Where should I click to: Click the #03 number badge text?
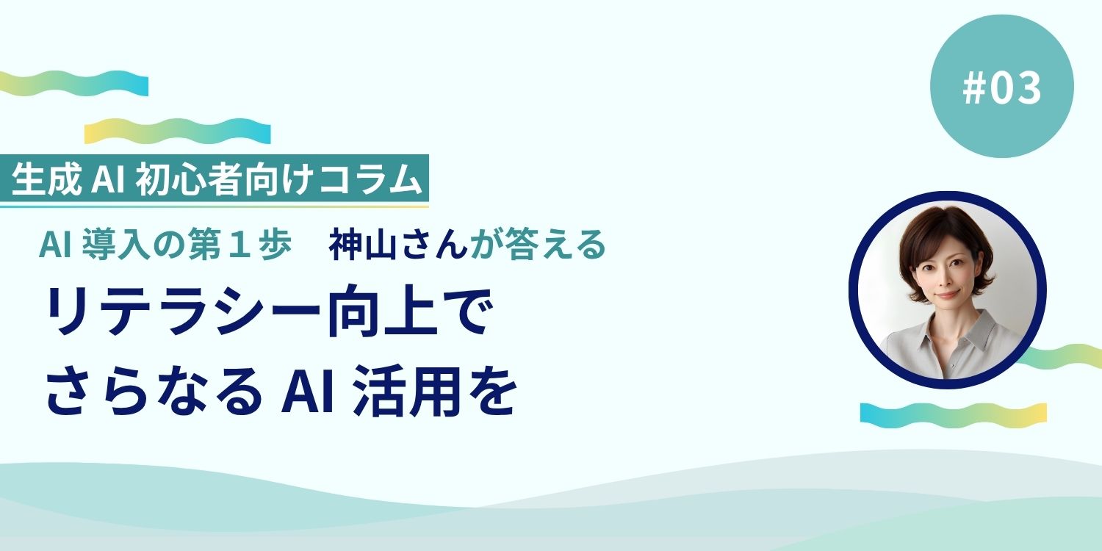(1002, 87)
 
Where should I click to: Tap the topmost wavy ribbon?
(73, 83)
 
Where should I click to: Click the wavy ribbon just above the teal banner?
(177, 131)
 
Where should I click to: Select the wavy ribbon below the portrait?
(953, 412)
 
